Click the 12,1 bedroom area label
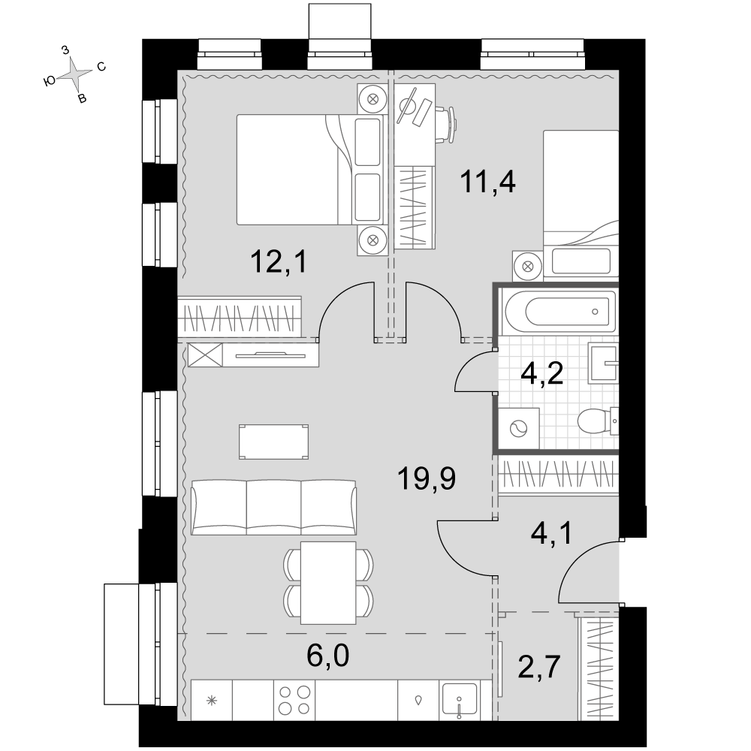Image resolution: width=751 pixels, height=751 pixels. (x=279, y=262)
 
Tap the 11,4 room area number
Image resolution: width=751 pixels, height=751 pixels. (x=487, y=182)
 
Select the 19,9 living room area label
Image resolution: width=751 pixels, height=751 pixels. (x=427, y=479)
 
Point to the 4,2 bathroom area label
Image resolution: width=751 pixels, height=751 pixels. (x=541, y=373)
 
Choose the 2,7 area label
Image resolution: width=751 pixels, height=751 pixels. (x=539, y=667)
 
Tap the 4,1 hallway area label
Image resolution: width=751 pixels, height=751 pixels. (x=552, y=534)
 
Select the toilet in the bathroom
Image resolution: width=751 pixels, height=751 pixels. (x=598, y=421)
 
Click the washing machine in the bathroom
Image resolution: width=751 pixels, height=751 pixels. (x=519, y=429)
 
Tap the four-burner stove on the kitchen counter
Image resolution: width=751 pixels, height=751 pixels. (x=294, y=700)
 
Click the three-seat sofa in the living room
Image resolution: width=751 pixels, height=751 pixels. (x=273, y=508)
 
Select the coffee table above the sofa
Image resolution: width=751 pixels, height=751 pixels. (x=274, y=442)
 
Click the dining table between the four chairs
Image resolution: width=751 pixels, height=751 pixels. (x=329, y=583)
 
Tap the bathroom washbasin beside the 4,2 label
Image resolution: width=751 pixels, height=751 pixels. (x=604, y=363)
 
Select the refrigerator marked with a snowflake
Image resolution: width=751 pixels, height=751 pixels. (x=212, y=700)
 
